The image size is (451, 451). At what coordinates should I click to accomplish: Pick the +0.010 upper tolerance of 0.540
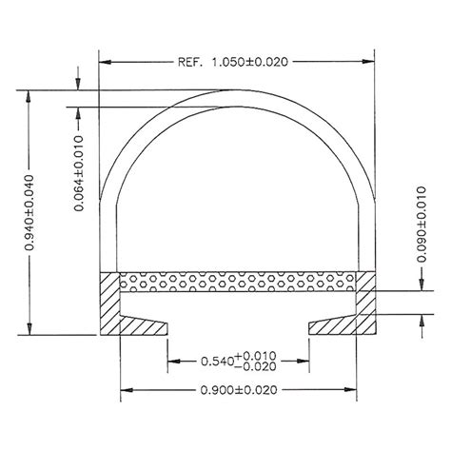coord(260,355)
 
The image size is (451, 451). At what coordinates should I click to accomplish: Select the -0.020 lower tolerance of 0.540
coord(260,366)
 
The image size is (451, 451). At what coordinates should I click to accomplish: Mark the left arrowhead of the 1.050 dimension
coord(106,62)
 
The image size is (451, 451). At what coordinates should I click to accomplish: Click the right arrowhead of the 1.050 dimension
coord(368,62)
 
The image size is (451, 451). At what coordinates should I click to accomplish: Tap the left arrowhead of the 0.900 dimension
coord(124,389)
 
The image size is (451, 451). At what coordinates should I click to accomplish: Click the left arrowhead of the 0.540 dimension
coord(171,361)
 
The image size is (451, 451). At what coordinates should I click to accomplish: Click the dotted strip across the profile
coord(238,283)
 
